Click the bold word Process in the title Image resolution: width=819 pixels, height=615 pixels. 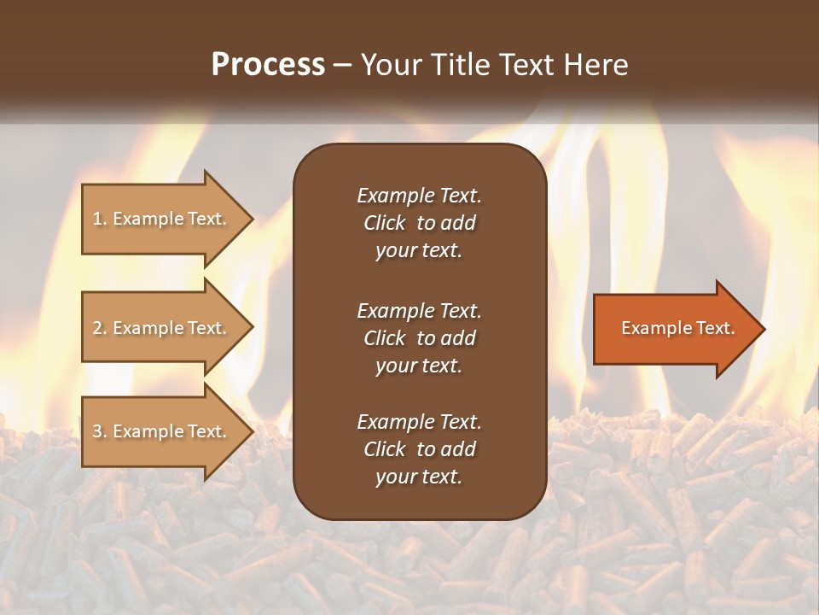268,65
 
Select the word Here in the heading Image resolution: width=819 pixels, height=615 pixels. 596,65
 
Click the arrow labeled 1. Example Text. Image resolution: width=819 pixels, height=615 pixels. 167,219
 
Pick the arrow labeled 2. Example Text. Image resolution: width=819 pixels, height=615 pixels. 167,327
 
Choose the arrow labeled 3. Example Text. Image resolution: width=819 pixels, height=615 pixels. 167,430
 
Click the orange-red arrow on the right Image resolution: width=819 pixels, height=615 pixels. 679,329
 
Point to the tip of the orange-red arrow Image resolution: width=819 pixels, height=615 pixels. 765,329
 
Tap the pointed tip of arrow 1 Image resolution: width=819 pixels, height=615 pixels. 253,219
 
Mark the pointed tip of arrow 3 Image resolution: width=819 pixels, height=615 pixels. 253,431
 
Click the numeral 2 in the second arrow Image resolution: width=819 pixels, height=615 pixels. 97,328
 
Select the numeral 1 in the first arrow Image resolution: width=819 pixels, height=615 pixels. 96,219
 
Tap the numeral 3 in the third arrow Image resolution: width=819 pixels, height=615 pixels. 97,431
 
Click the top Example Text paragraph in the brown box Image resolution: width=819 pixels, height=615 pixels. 420,223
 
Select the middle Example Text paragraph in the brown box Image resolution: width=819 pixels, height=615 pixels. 420,338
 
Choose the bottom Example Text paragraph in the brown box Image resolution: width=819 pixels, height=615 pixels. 420,448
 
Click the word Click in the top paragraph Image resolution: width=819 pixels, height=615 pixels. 385,223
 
